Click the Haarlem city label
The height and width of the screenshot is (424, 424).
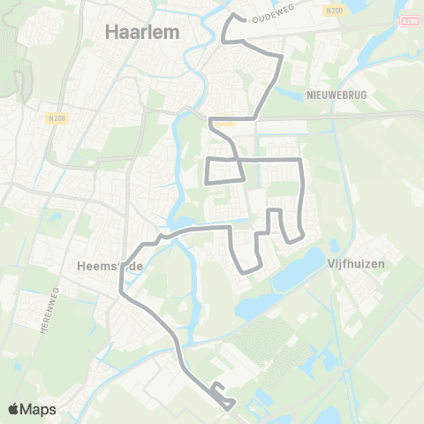(x=142, y=32)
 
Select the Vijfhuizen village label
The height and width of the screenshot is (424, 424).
(x=355, y=262)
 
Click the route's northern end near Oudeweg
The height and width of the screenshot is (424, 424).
(x=233, y=16)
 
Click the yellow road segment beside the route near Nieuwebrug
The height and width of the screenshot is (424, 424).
(x=226, y=125)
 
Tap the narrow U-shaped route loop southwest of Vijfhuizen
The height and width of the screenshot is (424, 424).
(x=275, y=225)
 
